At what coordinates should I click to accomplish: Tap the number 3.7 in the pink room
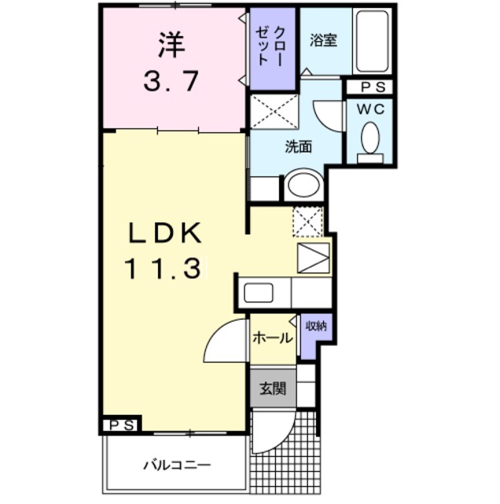(x=171, y=80)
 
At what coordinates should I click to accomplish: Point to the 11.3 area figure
(x=162, y=269)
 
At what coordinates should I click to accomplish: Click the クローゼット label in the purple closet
(x=272, y=47)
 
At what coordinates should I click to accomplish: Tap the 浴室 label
(x=323, y=40)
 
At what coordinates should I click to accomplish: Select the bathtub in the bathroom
(x=371, y=41)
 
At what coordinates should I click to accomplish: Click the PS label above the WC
(x=370, y=87)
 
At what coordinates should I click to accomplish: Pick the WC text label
(x=370, y=111)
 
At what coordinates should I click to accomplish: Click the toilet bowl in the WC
(x=369, y=139)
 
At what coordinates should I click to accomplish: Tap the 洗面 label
(x=299, y=146)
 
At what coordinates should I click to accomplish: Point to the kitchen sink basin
(x=259, y=293)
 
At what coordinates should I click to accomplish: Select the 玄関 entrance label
(x=271, y=388)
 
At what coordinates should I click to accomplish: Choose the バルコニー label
(x=176, y=464)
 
